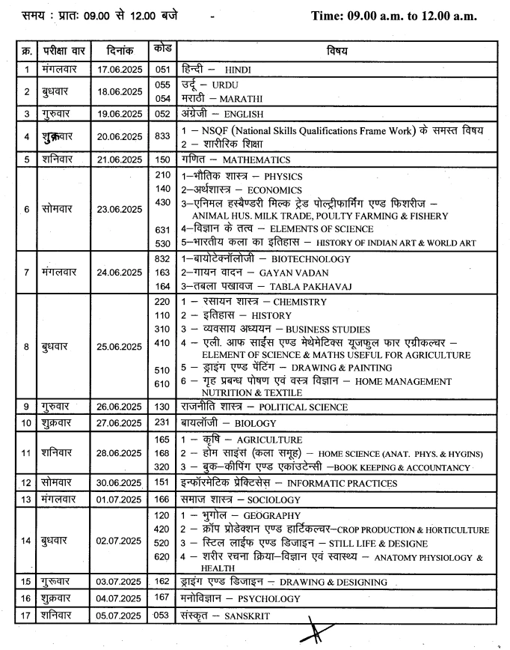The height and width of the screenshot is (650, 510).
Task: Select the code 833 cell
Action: pyautogui.click(x=162, y=136)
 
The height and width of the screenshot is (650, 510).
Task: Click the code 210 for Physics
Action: pyautogui.click(x=162, y=175)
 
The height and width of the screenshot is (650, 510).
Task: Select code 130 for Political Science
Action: pyautogui.click(x=162, y=407)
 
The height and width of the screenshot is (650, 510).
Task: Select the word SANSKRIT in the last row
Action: pyautogui.click(x=247, y=616)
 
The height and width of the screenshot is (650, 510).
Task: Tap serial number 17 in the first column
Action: pyautogui.click(x=26, y=616)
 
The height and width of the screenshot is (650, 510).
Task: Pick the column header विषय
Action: pyautogui.click(x=337, y=51)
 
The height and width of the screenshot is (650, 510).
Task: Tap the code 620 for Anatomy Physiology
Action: pyautogui.click(x=162, y=556)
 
